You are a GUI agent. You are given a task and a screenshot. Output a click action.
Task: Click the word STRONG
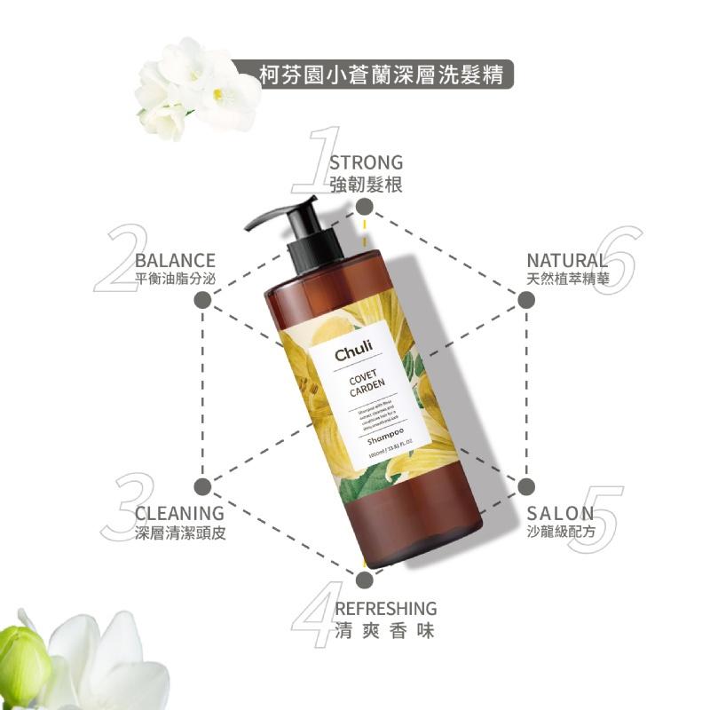click(366, 162)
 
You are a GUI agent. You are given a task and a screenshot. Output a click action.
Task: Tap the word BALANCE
click(175, 260)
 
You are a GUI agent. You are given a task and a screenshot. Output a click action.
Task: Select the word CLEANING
click(179, 513)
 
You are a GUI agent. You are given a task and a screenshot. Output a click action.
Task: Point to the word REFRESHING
click(385, 609)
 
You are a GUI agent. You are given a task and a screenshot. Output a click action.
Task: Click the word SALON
click(560, 513)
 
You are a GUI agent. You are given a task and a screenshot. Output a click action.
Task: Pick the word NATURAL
click(567, 260)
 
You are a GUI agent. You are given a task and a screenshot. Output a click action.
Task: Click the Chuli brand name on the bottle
click(353, 354)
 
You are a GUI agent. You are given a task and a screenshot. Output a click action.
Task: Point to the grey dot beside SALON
click(525, 486)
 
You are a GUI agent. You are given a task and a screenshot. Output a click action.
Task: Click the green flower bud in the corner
click(22, 661)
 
